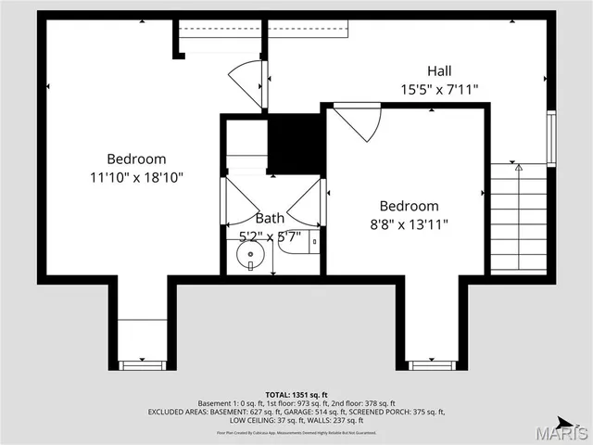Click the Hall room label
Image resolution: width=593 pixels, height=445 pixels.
tap(440, 71)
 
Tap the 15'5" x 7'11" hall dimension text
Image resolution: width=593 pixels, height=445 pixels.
tap(440, 90)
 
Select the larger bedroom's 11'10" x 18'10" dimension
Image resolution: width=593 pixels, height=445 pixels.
tap(136, 177)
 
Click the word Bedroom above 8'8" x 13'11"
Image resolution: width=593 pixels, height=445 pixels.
tap(409, 206)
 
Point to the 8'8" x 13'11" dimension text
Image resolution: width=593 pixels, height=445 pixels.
tap(409, 224)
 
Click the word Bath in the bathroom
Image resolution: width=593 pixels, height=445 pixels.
tap(270, 218)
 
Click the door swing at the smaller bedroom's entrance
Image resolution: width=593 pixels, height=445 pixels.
tap(359, 121)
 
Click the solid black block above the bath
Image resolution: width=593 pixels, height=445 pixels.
tap(296, 142)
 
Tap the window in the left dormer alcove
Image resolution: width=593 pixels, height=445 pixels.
tap(142, 363)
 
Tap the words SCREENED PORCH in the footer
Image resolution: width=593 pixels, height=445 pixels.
tap(379, 413)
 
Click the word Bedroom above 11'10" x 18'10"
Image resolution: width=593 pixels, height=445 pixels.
tap(136, 159)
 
